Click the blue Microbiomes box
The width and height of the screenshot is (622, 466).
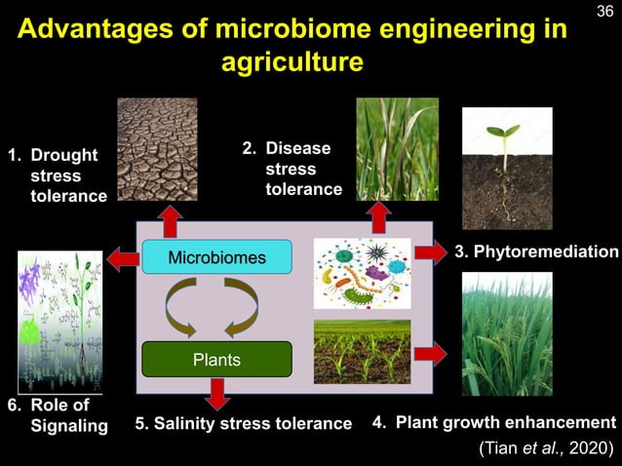click(x=216, y=257)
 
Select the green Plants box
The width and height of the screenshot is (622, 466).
click(x=216, y=359)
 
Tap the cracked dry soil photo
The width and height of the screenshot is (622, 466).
click(x=157, y=148)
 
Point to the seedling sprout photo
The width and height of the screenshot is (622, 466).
click(x=506, y=170)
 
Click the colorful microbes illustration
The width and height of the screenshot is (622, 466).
click(x=362, y=272)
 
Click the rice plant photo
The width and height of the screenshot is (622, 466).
click(x=506, y=333)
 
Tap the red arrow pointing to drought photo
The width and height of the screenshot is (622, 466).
click(x=171, y=221)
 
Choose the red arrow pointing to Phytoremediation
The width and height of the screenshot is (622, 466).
click(x=429, y=252)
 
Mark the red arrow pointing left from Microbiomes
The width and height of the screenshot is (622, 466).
click(x=122, y=258)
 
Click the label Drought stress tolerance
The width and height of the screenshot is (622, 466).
click(x=56, y=176)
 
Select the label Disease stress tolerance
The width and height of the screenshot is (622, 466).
click(x=292, y=169)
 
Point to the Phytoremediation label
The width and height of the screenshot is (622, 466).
click(x=536, y=252)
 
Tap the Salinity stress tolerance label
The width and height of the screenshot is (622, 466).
click(x=243, y=423)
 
